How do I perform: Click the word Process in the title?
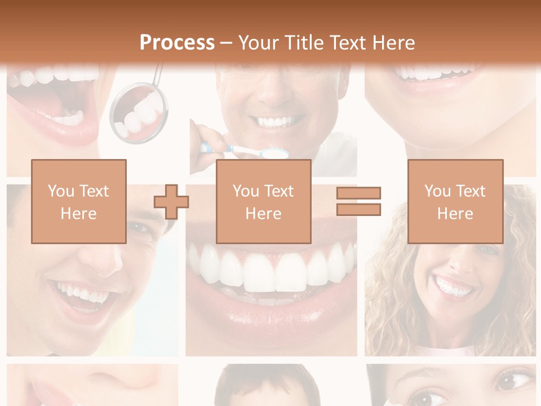[177, 42]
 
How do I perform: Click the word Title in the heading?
[304, 42]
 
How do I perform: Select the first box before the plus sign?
[78, 201]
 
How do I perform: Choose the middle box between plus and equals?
[263, 201]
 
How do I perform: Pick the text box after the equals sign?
[455, 201]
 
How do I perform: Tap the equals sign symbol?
[358, 201]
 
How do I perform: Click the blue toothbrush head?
[276, 152]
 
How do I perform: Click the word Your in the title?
[259, 42]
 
